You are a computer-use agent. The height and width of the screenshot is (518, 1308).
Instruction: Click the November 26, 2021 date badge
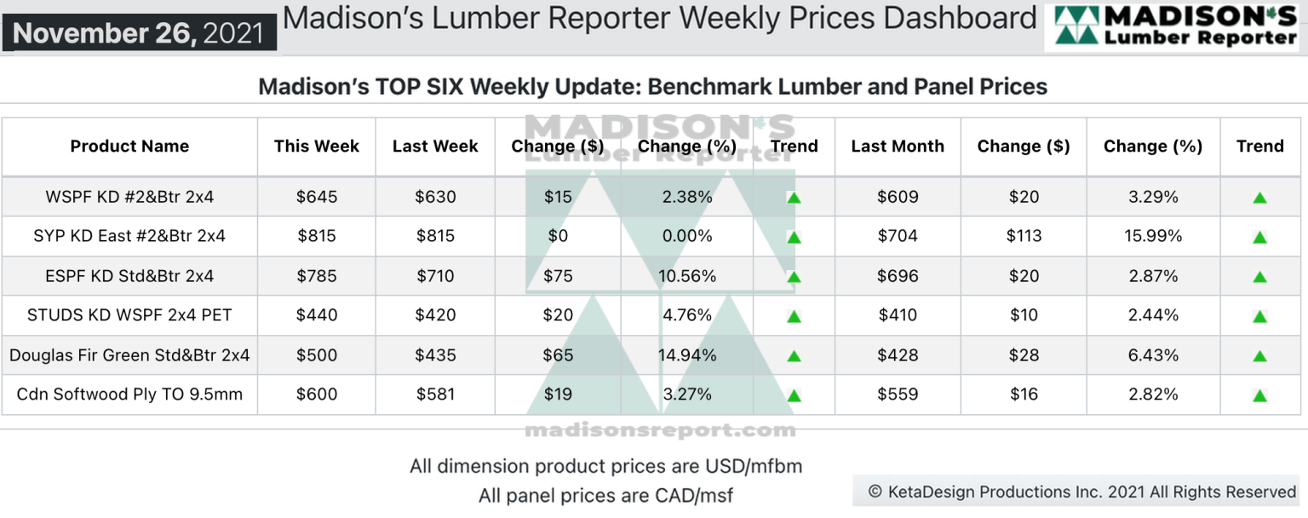pyautogui.click(x=139, y=33)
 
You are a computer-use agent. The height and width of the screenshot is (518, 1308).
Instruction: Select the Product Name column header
pyautogui.click(x=129, y=147)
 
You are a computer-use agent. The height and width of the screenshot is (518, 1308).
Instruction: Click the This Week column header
pyautogui.click(x=317, y=147)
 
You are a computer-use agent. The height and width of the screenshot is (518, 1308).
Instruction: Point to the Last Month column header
pyautogui.click(x=898, y=147)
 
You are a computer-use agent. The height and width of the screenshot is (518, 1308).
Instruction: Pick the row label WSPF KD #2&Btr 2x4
pyautogui.click(x=129, y=197)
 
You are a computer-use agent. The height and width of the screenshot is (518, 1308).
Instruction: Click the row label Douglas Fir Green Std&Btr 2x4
pyautogui.click(x=129, y=355)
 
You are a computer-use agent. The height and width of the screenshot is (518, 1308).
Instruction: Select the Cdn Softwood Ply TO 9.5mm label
pyautogui.click(x=129, y=394)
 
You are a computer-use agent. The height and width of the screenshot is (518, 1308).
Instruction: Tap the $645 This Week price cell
pyautogui.click(x=317, y=197)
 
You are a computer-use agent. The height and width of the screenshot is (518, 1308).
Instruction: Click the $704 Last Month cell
pyautogui.click(x=898, y=236)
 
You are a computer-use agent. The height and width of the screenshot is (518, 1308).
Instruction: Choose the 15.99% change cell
pyautogui.click(x=1153, y=236)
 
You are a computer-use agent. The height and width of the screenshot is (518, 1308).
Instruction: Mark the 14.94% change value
pyautogui.click(x=687, y=355)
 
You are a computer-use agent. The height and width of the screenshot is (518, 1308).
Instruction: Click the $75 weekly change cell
pyautogui.click(x=558, y=276)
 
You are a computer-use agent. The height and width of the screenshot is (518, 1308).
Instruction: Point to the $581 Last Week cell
pyautogui.click(x=435, y=394)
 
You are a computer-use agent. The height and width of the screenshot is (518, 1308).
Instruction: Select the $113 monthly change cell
pyautogui.click(x=1024, y=236)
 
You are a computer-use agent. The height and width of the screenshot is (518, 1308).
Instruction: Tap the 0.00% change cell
pyautogui.click(x=687, y=236)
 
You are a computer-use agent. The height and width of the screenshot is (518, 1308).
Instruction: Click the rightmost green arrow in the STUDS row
pyautogui.click(x=1259, y=317)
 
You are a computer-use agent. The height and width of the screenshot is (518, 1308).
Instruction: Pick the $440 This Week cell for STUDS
pyautogui.click(x=317, y=315)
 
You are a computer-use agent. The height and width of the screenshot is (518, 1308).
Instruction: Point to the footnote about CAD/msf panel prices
pyautogui.click(x=605, y=495)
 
